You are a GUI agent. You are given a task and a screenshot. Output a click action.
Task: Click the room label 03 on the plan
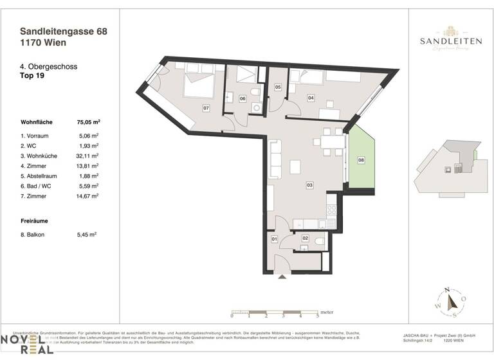tap(309, 185)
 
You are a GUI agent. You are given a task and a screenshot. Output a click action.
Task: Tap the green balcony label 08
tap(361, 160)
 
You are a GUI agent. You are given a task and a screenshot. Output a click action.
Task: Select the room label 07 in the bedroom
tap(206, 108)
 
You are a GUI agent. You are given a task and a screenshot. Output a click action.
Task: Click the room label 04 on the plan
tap(311, 98)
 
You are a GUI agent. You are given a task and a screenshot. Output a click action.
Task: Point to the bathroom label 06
tap(242, 99)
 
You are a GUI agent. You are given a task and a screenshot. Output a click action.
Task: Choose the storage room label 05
tap(278, 87)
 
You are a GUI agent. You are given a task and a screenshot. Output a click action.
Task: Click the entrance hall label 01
tap(273, 240)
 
